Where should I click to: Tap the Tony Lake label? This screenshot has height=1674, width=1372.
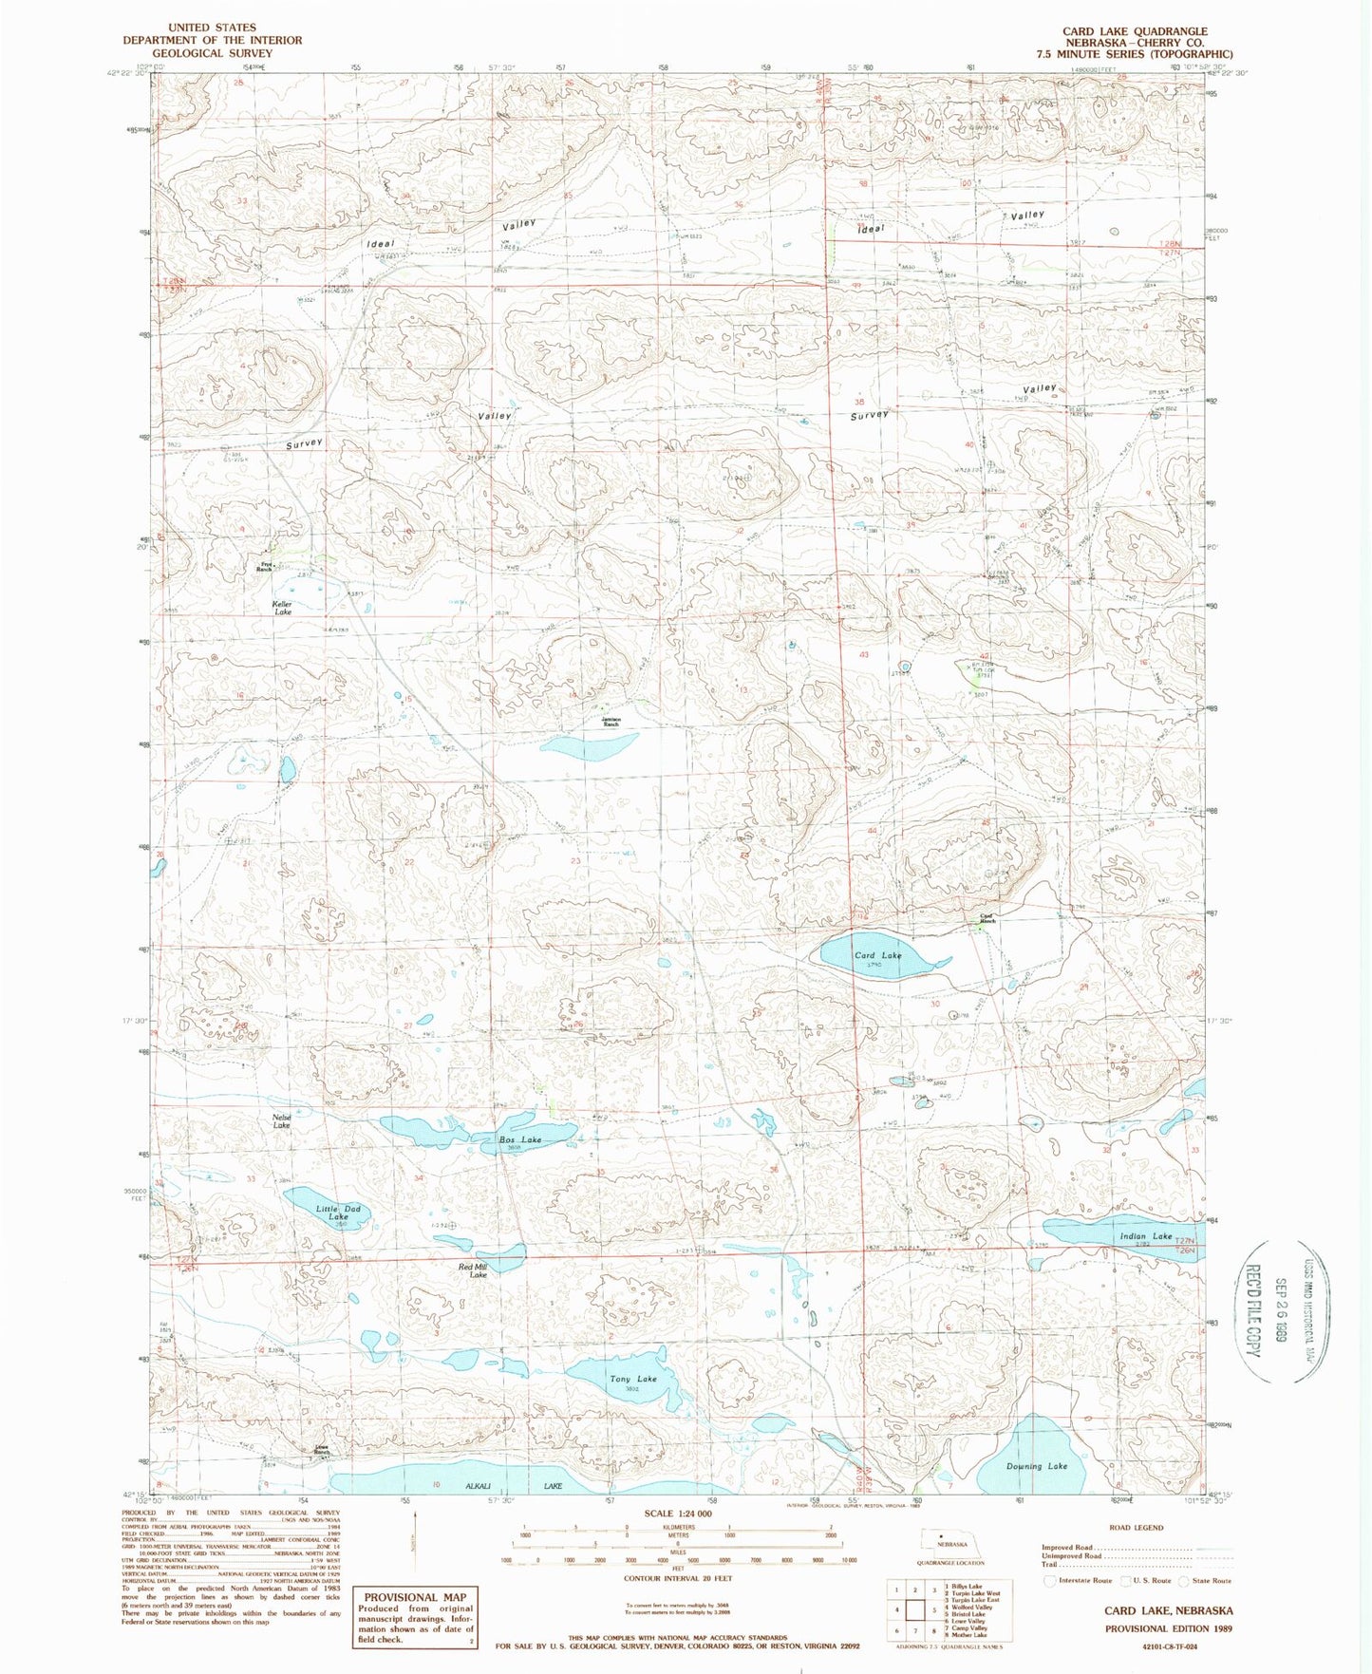[633, 1379]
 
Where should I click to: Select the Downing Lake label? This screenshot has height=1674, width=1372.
[1036, 1466]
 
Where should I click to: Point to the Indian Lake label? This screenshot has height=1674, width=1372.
[1146, 1236]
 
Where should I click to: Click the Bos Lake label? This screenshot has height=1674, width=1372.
[520, 1139]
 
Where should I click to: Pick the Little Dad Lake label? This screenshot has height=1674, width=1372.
[337, 1213]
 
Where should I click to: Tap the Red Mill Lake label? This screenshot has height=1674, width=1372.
[473, 1270]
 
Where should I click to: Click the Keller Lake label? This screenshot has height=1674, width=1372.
[283, 608]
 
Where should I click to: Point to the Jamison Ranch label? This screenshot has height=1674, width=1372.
[611, 721]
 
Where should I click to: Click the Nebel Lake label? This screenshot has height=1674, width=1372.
[281, 1121]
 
